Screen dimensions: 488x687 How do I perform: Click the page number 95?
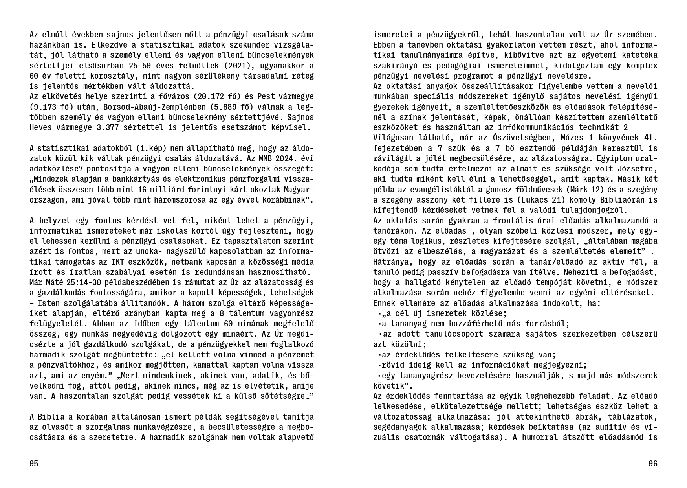pyautogui.click(x=34, y=464)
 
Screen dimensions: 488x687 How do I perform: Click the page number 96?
pyautogui.click(x=653, y=464)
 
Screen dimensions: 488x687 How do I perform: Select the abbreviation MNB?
pyautogui.click(x=255, y=158)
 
